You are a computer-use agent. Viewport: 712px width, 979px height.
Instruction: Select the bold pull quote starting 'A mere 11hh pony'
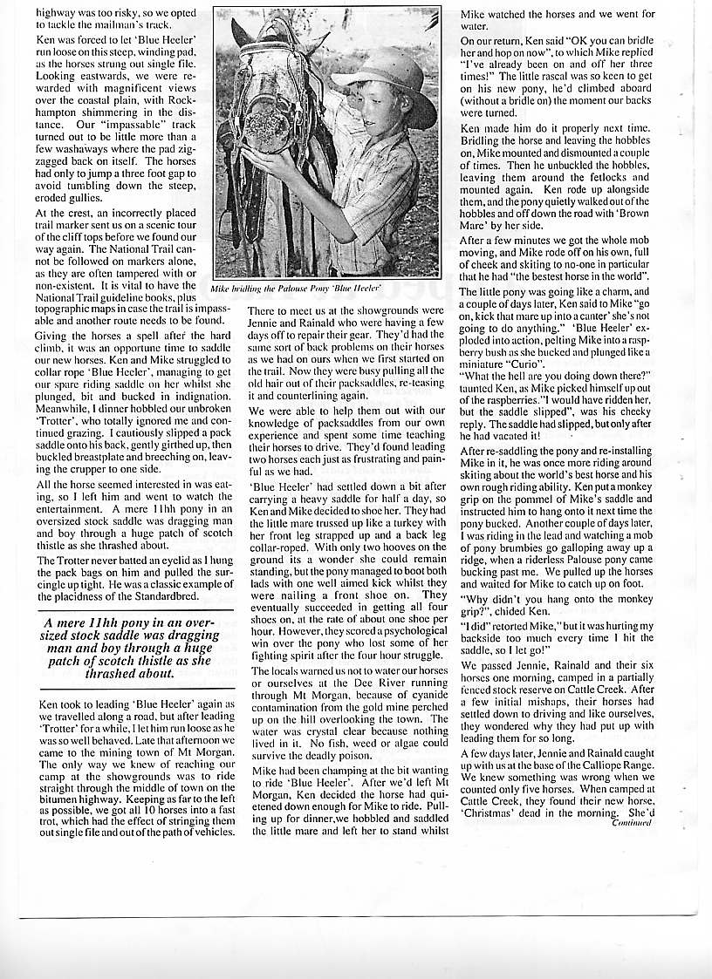point(134,649)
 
